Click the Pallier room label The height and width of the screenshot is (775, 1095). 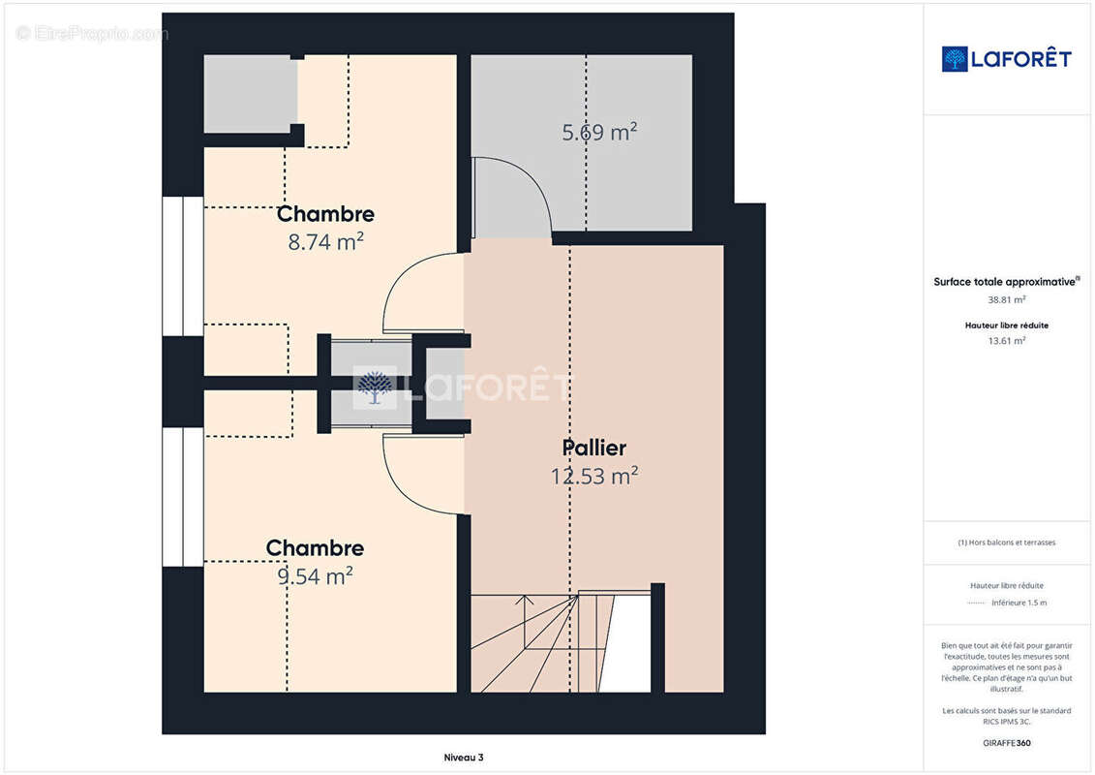click(593, 448)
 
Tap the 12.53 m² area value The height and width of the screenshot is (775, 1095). click(594, 476)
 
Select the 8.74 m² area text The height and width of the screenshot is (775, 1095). click(325, 242)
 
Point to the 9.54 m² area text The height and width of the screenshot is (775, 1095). click(315, 575)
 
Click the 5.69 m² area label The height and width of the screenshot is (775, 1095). click(599, 132)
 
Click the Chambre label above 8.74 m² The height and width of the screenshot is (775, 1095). click(325, 214)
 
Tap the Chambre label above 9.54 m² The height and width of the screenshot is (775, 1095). click(315, 548)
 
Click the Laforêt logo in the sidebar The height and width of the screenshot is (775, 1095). click(1006, 59)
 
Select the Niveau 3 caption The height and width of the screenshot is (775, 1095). click(464, 758)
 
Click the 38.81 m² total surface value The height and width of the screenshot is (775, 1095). click(1006, 299)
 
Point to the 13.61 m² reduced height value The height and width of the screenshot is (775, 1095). click(1006, 341)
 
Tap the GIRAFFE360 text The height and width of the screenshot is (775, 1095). click(1006, 743)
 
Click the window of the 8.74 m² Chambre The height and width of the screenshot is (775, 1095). click(183, 266)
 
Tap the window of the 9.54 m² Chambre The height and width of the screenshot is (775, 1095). click(183, 497)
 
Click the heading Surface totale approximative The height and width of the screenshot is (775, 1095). click(1006, 282)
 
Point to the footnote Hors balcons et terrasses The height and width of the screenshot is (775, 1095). click(1006, 542)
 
